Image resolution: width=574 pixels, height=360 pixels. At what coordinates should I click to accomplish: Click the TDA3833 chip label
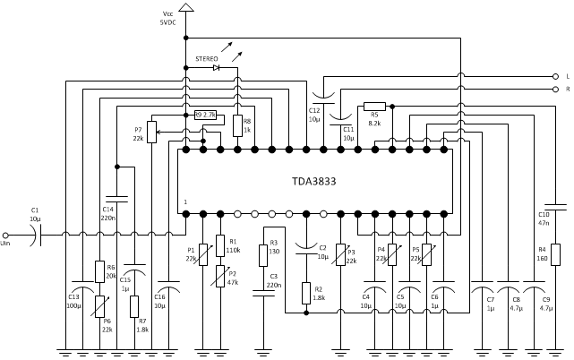pyautogui.click(x=313, y=181)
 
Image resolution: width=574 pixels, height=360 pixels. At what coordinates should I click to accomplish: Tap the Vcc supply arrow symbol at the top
pyautogui.click(x=186, y=7)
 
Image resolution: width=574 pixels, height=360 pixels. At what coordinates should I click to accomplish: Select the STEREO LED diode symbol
pyautogui.click(x=217, y=68)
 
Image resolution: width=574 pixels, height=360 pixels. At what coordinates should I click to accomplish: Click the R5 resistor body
pyautogui.click(x=374, y=107)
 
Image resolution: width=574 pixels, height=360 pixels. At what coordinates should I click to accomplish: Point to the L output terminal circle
pyautogui.click(x=555, y=76)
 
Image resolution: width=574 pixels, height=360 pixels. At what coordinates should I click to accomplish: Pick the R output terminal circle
pyautogui.click(x=555, y=90)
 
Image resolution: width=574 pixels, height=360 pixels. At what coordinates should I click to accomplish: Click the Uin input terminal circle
pyautogui.click(x=5, y=236)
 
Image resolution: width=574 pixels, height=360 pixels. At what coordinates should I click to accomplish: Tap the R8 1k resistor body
pyautogui.click(x=237, y=125)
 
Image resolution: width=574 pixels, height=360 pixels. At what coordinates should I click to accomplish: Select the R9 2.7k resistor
pyautogui.click(x=205, y=116)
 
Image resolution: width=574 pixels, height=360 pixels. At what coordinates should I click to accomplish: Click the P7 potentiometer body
pyautogui.click(x=151, y=132)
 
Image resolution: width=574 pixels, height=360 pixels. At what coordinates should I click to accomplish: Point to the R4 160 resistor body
pyautogui.click(x=555, y=254)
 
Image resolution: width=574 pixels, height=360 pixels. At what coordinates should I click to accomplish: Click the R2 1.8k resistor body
pyautogui.click(x=306, y=293)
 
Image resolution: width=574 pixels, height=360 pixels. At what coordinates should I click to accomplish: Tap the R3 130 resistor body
pyautogui.click(x=263, y=255)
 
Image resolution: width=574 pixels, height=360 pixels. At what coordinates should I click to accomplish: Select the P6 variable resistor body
pyautogui.click(x=99, y=306)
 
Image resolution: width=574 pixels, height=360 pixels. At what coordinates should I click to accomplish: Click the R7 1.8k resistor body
pyautogui.click(x=134, y=306)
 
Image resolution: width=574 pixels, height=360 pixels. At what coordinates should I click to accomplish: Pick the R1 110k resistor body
pyautogui.click(x=220, y=245)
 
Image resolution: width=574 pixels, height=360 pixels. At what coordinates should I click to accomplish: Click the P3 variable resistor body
pyautogui.click(x=341, y=254)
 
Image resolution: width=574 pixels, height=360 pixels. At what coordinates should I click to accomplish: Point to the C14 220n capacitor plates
pyautogui.click(x=116, y=199)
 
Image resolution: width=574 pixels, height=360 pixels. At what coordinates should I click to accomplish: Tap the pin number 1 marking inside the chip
pyautogui.click(x=185, y=201)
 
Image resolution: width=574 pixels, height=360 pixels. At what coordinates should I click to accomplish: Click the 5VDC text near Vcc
pyautogui.click(x=167, y=22)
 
